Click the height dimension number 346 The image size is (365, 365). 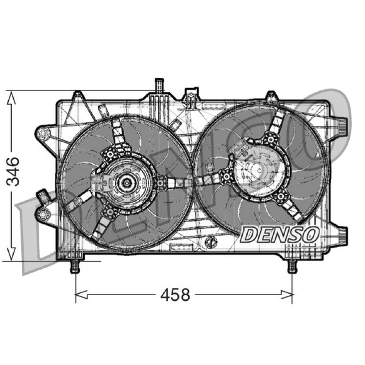tap(13, 172)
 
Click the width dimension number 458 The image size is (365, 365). tap(175, 295)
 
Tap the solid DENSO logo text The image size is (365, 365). tap(280, 235)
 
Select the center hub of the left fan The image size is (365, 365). tap(127, 183)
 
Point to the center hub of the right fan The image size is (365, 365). tap(259, 170)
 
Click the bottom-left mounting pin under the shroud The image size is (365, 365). tap(75, 266)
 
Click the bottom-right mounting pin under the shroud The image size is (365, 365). tap(292, 266)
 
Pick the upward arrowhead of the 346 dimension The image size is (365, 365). tap(11, 98)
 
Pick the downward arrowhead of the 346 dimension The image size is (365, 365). tap(11, 254)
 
